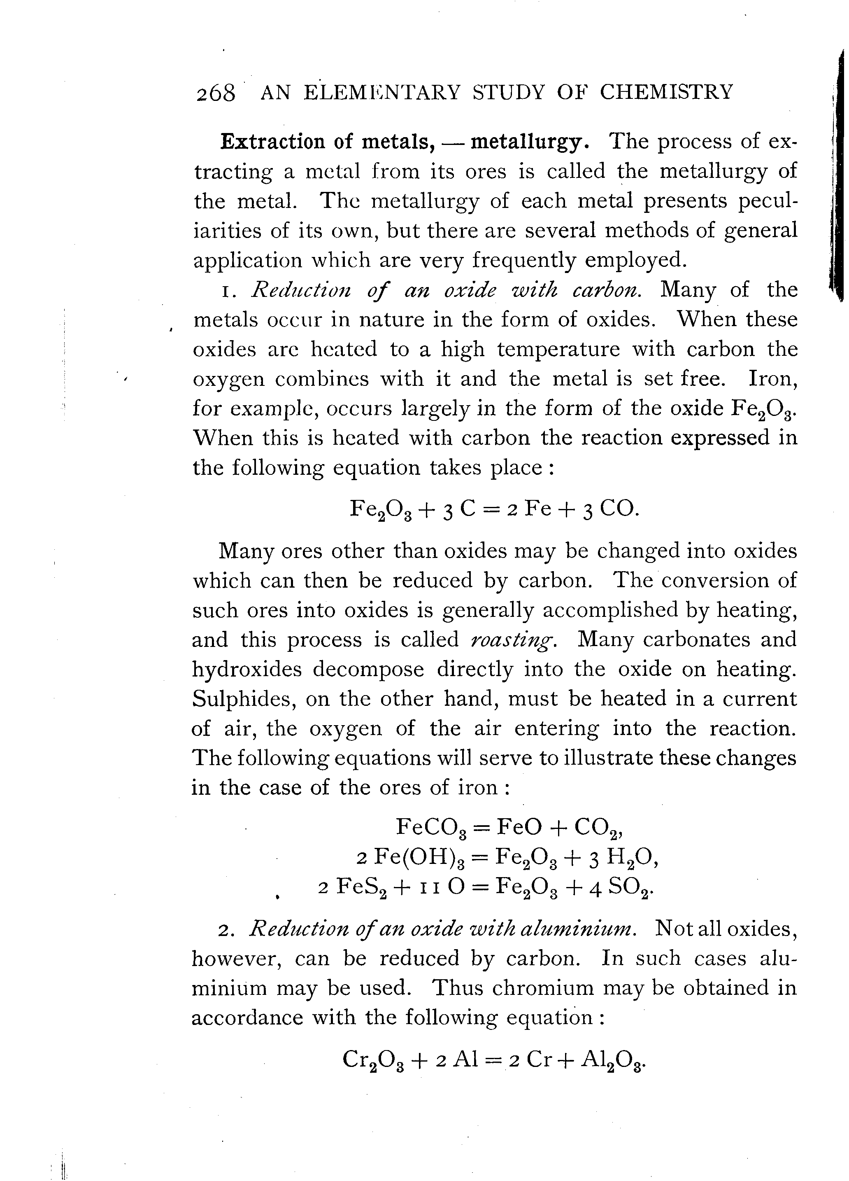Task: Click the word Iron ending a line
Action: tap(772, 378)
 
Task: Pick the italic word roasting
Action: tap(513, 640)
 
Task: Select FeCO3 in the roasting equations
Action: tap(432, 827)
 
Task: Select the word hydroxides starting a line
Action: tap(247, 669)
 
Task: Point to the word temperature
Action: tap(558, 349)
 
